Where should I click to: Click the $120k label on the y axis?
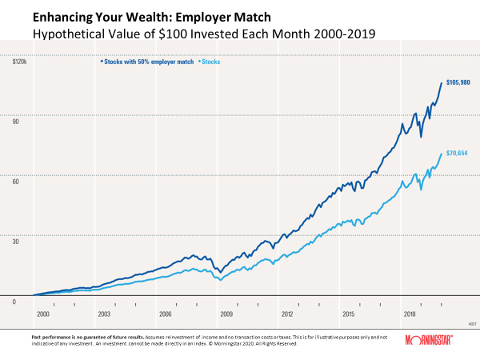19,60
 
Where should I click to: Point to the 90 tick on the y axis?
15,118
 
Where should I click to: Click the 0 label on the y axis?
14,302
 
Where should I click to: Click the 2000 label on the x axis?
42,315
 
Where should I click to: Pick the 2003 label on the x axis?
104,315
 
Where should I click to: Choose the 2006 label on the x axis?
166,315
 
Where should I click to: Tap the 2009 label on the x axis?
226,315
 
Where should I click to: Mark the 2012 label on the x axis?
288,315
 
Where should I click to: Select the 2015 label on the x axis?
350,315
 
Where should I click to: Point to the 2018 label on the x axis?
410,315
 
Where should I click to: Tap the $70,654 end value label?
458,152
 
